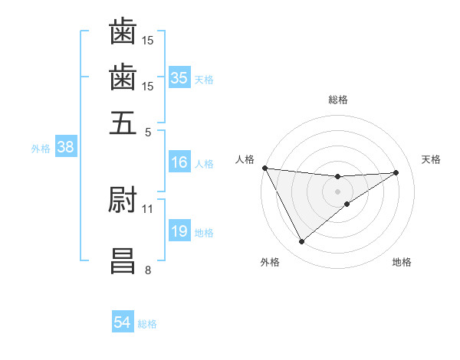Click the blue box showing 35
pos(179,77)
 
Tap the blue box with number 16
pos(179,162)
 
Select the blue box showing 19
pos(179,231)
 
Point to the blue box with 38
pos(65,148)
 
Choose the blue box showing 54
pos(122,322)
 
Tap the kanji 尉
pos(123,200)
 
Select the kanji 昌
pos(123,260)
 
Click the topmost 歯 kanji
pos(123,33)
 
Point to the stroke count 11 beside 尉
pos(147,208)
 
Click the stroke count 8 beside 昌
pos(147,270)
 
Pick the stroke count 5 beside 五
pos(147,131)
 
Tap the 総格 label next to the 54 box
pos(147,324)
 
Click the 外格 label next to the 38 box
pos(40,149)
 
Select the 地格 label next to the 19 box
pos(204,233)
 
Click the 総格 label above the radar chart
pos(337,100)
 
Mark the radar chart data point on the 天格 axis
pos(396,172)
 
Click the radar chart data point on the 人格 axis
pos(264,168)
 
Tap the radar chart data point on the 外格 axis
pos(301,242)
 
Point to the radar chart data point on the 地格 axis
pos(347,204)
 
